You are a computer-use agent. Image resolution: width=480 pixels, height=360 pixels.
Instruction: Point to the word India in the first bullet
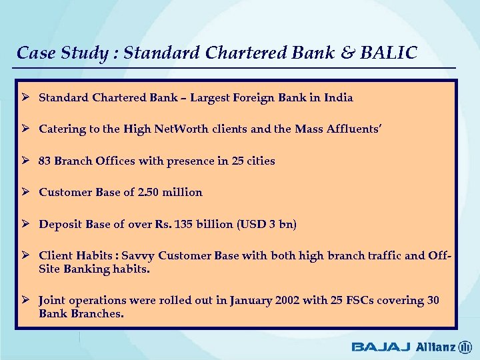339,98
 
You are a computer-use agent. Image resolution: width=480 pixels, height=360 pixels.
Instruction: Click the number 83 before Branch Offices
45,161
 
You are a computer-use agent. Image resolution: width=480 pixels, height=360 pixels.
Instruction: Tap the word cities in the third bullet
259,161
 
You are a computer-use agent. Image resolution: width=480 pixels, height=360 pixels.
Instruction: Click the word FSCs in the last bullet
357,301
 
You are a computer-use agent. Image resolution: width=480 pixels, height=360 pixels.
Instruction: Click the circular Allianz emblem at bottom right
465,347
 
